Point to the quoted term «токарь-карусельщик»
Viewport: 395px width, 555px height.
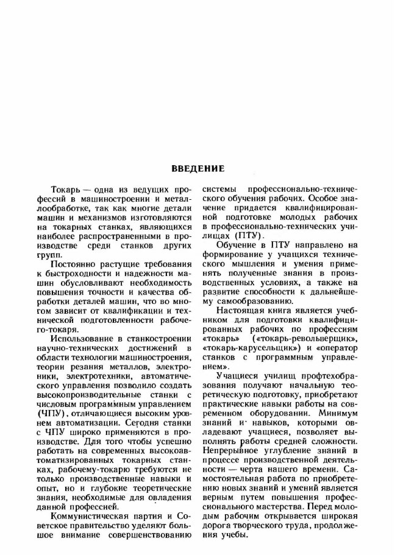pyautogui.click(x=247, y=348)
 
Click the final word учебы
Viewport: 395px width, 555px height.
pyautogui.click(x=235, y=536)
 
